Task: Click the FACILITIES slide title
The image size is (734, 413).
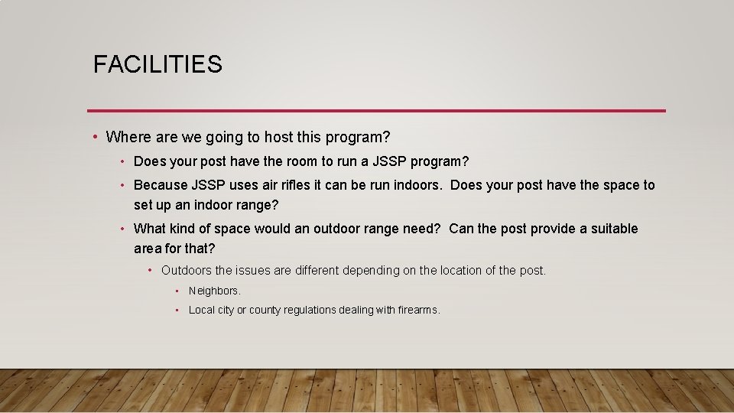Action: pos(158,64)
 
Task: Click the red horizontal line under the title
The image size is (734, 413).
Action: pos(376,110)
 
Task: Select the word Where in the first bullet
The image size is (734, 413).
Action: pos(128,138)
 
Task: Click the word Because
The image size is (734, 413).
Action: pos(161,185)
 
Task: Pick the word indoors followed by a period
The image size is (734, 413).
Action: pos(419,185)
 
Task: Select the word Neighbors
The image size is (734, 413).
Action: pos(214,291)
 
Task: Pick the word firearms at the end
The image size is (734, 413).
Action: pos(418,311)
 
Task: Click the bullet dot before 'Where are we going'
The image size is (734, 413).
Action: pos(94,138)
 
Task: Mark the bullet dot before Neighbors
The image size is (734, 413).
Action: pos(177,291)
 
